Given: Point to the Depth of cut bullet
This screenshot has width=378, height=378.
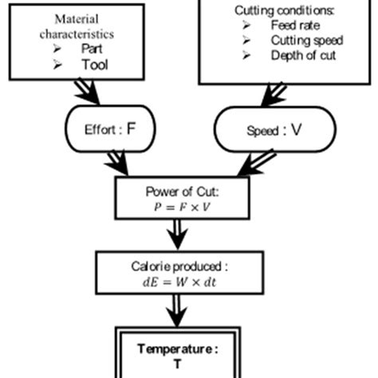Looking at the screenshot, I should pyautogui.click(x=303, y=55).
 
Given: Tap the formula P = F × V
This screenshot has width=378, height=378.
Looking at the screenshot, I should pyautogui.click(x=183, y=206).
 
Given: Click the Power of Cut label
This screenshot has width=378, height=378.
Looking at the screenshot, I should pyautogui.click(x=183, y=192).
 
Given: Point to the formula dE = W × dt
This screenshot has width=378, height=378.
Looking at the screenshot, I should pyautogui.click(x=183, y=282).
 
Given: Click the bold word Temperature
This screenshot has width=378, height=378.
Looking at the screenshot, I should pyautogui.click(x=177, y=348).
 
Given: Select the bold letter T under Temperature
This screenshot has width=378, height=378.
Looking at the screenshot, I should pyautogui.click(x=177, y=363).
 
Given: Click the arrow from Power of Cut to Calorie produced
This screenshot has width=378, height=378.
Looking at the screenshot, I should pyautogui.click(x=179, y=236).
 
